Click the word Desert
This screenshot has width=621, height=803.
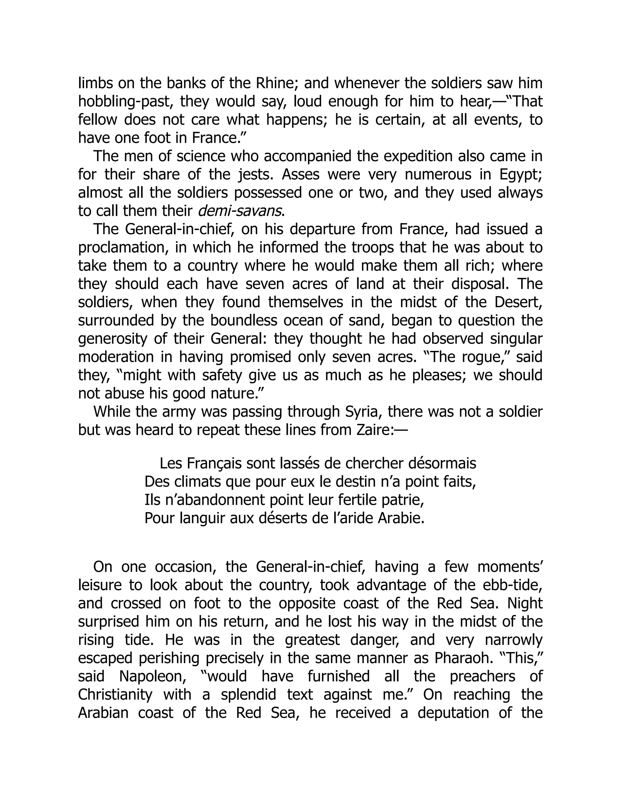pos(518,302)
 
